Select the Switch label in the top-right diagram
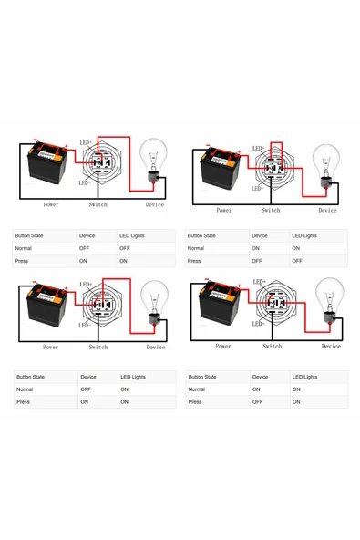click(271, 210)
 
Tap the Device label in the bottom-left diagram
click(156, 347)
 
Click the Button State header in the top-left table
click(33, 235)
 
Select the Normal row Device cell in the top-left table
click(85, 248)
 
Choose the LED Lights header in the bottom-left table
click(133, 377)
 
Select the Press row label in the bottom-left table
click(24, 401)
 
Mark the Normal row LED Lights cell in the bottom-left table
click(124, 389)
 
